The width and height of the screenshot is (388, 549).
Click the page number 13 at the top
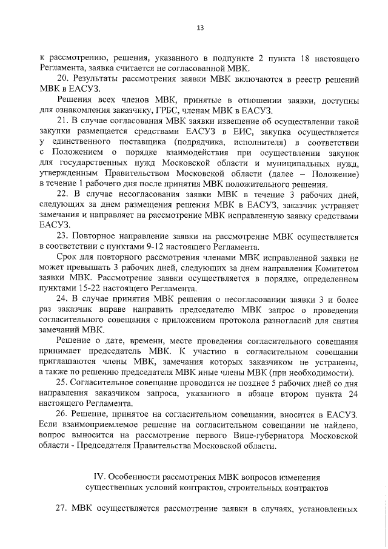tap(199, 27)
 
